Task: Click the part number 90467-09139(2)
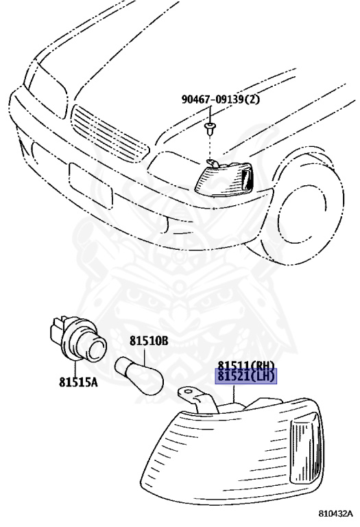pos(221,99)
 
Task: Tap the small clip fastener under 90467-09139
pos(211,129)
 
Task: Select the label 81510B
pos(149,341)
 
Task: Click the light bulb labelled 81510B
pos(139,376)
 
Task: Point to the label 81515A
pos(78,382)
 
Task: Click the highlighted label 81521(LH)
pos(245,376)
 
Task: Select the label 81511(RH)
pos(245,365)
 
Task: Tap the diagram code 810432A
pos(335,513)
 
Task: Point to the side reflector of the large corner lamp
pos(304,449)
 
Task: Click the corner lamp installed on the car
pos(224,178)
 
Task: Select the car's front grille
pos(109,133)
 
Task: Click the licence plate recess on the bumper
pos(91,185)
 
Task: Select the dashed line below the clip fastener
pos(211,149)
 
